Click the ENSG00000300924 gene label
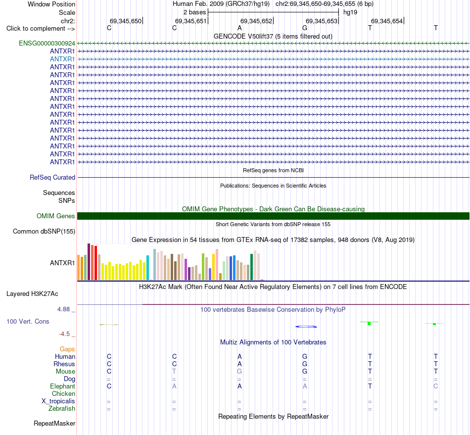click(47, 44)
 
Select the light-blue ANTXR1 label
click(62, 59)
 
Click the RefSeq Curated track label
click(52, 178)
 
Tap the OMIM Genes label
click(56, 216)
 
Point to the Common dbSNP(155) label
click(44, 232)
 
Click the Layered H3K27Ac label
click(32, 294)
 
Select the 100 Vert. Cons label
click(28, 321)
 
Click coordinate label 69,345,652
click(256, 21)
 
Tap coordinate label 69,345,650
click(126, 21)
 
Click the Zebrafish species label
click(62, 409)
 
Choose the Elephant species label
click(63, 387)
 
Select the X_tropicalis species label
click(58, 401)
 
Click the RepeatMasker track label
click(54, 423)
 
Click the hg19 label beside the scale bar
click(350, 12)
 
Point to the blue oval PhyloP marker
click(306, 327)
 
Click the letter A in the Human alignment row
click(239, 356)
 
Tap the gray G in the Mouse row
click(239, 372)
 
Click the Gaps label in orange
click(67, 349)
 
